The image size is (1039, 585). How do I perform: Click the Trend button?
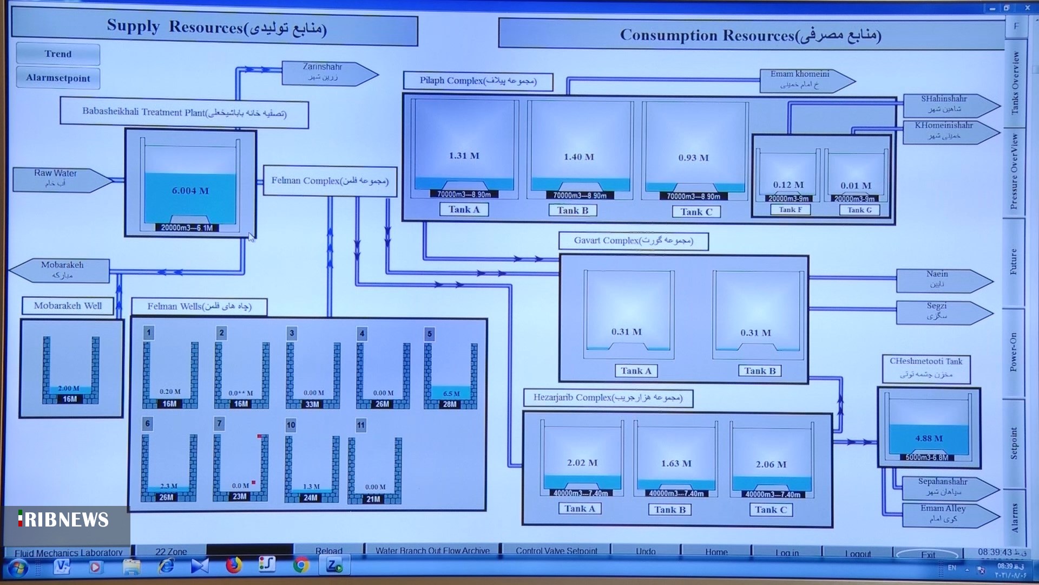(58, 54)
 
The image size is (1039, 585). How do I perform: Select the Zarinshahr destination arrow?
(327, 73)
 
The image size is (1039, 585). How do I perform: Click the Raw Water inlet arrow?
(60, 179)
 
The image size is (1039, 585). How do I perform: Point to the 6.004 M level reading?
(190, 191)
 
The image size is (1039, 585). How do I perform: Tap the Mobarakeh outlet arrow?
(61, 270)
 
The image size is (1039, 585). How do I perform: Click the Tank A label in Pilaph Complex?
(463, 210)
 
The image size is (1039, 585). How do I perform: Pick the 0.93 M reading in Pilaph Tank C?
(693, 158)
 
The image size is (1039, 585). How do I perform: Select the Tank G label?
(859, 210)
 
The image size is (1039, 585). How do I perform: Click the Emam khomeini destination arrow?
(804, 80)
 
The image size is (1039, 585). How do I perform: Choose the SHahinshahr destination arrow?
(947, 104)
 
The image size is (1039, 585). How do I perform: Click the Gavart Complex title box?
(633, 240)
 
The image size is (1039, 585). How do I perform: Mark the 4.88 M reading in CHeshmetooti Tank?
(929, 438)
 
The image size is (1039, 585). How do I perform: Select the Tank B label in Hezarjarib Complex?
(669, 510)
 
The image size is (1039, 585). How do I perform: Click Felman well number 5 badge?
(429, 334)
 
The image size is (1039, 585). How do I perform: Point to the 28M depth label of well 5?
(450, 404)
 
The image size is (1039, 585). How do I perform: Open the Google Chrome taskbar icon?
(301, 566)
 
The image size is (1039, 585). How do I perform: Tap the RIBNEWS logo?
(64, 520)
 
